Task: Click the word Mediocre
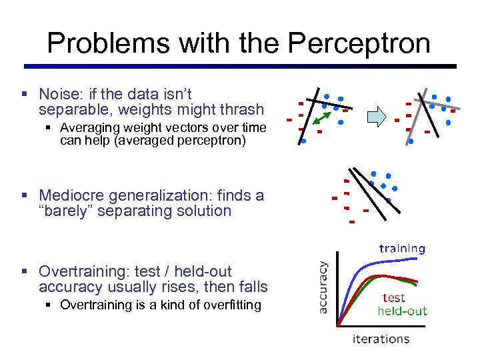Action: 69,195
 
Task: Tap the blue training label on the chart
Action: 402,249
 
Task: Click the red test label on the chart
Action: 393,298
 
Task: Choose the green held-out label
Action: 402,311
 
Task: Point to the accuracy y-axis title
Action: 323,287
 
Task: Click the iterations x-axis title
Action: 381,339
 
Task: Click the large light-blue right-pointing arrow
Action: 378,118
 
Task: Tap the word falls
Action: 253,287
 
